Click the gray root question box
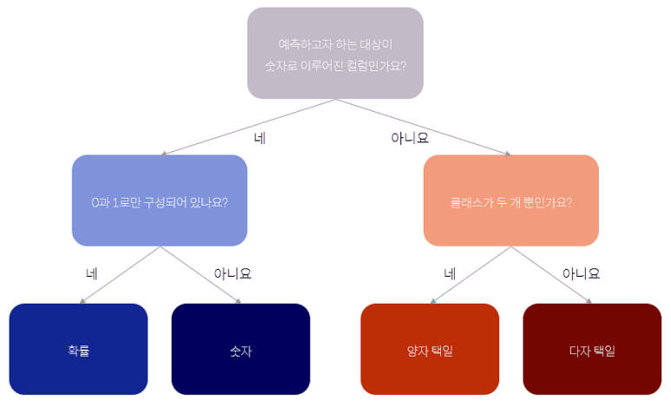(x=335, y=53)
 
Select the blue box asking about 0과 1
(x=160, y=200)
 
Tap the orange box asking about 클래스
(x=511, y=200)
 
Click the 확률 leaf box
(x=78, y=350)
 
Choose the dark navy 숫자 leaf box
(x=240, y=350)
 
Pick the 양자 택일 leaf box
(x=430, y=350)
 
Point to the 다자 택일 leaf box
(x=592, y=350)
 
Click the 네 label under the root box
(x=260, y=137)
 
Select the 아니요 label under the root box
(x=410, y=137)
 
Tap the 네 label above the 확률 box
(x=91, y=273)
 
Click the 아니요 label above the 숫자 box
(x=232, y=273)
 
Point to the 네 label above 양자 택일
(x=450, y=273)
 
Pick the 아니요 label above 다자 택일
(x=581, y=273)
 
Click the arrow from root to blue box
(x=247, y=127)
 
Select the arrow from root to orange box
(x=424, y=127)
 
